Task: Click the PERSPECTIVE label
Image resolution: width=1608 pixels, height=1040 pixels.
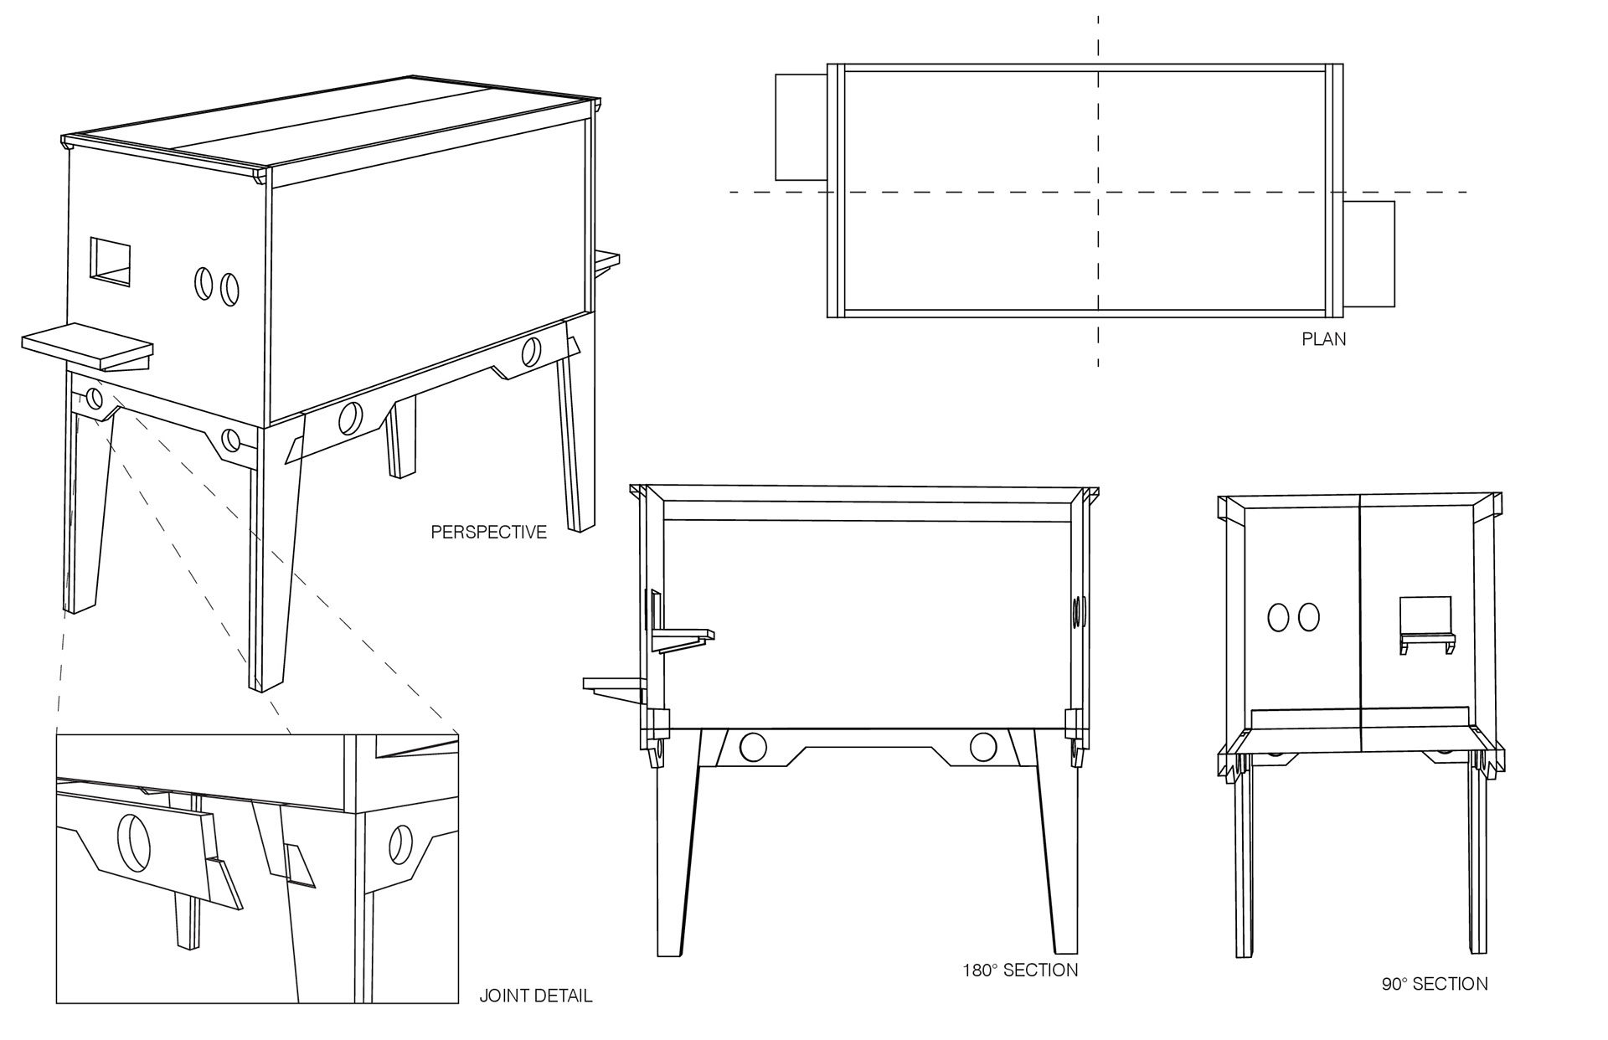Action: point(488,532)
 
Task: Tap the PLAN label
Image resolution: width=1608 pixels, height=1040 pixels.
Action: point(1323,339)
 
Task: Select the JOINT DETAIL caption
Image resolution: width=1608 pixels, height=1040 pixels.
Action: point(535,996)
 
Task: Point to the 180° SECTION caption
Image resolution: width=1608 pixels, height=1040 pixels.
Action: point(1019,970)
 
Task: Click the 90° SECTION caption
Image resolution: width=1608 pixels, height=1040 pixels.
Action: point(1435,984)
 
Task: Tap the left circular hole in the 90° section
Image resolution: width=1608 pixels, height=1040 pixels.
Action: point(1279,617)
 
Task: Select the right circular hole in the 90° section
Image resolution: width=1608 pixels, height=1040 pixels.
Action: point(1308,617)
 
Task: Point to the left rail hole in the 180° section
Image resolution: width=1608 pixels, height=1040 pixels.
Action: point(753,747)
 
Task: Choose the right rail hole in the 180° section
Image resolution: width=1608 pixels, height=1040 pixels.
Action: point(982,747)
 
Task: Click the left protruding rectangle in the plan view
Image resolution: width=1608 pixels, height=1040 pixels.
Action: point(801,126)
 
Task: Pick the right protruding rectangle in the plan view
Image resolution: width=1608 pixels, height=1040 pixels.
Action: point(1370,253)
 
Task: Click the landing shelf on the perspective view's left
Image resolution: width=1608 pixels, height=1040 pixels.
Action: point(87,348)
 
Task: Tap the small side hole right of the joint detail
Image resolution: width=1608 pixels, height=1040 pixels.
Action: point(400,846)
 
